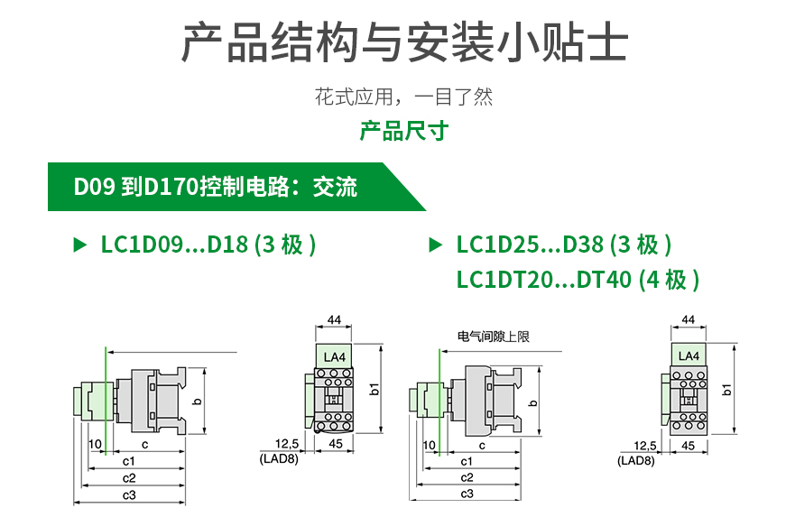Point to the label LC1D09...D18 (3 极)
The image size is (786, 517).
click(208, 245)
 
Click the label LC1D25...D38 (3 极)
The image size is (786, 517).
click(563, 245)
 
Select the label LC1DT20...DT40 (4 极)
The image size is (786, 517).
click(578, 280)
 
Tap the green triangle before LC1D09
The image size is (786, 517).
click(79, 245)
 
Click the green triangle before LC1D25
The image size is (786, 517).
click(436, 245)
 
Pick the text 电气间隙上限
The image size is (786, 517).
click(493, 337)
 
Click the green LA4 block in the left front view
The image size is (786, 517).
click(334, 357)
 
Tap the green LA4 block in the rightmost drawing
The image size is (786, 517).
click(688, 356)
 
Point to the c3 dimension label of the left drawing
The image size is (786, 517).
click(130, 494)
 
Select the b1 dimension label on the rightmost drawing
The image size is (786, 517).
click(727, 389)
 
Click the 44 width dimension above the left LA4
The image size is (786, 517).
click(334, 320)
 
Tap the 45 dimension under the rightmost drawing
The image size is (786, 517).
click(688, 446)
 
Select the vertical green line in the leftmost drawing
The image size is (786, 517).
click(107, 397)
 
